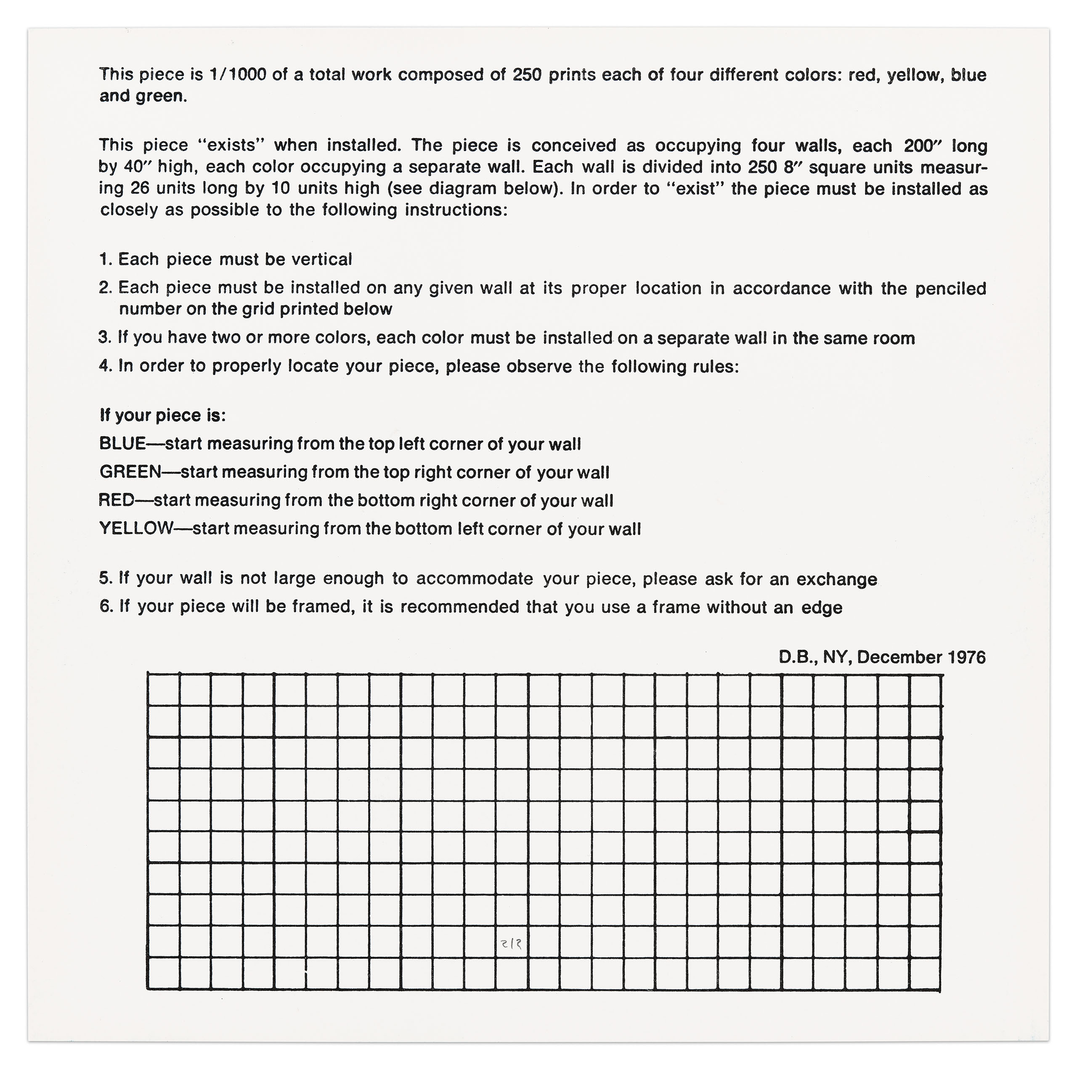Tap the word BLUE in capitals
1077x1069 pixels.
pyautogui.click(x=122, y=444)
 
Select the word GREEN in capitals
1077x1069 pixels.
pyautogui.click(x=130, y=472)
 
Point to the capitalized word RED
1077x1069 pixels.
pyautogui.click(x=116, y=500)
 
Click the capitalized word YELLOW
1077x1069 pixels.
pyautogui.click(x=136, y=528)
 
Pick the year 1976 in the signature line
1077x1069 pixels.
pyautogui.click(x=966, y=658)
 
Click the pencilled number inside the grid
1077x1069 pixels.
pyautogui.click(x=512, y=944)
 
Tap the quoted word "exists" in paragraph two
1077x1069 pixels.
pyautogui.click(x=230, y=146)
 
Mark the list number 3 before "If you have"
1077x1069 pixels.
pyautogui.click(x=103, y=338)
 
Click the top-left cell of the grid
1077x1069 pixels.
pyautogui.click(x=163, y=689)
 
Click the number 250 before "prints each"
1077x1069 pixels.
pyautogui.click(x=527, y=75)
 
